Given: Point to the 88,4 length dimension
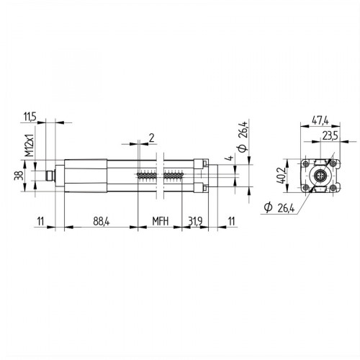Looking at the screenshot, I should [100, 221].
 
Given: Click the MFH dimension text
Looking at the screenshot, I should [159, 221].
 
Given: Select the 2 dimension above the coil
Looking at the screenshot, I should [151, 136].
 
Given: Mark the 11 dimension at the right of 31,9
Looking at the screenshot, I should [230, 221].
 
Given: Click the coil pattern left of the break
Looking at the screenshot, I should [146, 175].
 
